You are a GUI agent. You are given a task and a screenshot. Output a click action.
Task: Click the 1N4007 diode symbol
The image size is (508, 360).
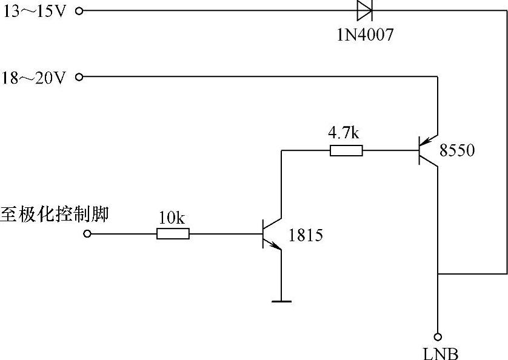[x=364, y=10]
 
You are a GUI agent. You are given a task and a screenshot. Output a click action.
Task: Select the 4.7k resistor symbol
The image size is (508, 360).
[x=346, y=151]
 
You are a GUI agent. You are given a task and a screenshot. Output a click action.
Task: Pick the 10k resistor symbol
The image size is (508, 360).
[x=173, y=234]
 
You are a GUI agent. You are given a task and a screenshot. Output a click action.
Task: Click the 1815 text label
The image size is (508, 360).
[x=306, y=235]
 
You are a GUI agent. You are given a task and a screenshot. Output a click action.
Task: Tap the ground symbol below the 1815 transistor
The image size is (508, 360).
[x=281, y=300]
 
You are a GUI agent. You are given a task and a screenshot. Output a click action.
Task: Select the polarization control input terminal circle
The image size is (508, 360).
[x=87, y=234]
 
